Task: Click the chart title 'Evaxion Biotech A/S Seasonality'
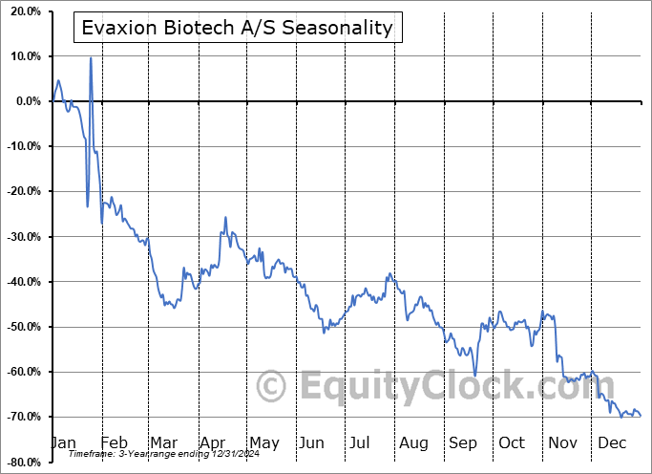click(238, 28)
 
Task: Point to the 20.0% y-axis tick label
click(26, 11)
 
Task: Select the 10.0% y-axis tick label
click(26, 56)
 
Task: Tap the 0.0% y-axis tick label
click(29, 101)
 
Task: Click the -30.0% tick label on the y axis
click(24, 237)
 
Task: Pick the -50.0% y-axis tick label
click(24, 327)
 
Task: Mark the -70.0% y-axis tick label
click(24, 417)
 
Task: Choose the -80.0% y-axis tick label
click(24, 462)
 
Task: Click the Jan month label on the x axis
click(64, 442)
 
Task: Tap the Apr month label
click(213, 443)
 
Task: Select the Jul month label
click(359, 442)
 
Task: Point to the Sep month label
click(463, 443)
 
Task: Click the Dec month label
click(612, 442)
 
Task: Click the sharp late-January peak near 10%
click(91, 58)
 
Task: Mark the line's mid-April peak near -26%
click(225, 217)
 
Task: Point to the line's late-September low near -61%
click(474, 376)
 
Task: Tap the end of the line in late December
click(641, 416)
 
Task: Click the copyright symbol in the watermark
click(271, 386)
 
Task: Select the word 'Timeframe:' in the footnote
click(92, 454)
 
